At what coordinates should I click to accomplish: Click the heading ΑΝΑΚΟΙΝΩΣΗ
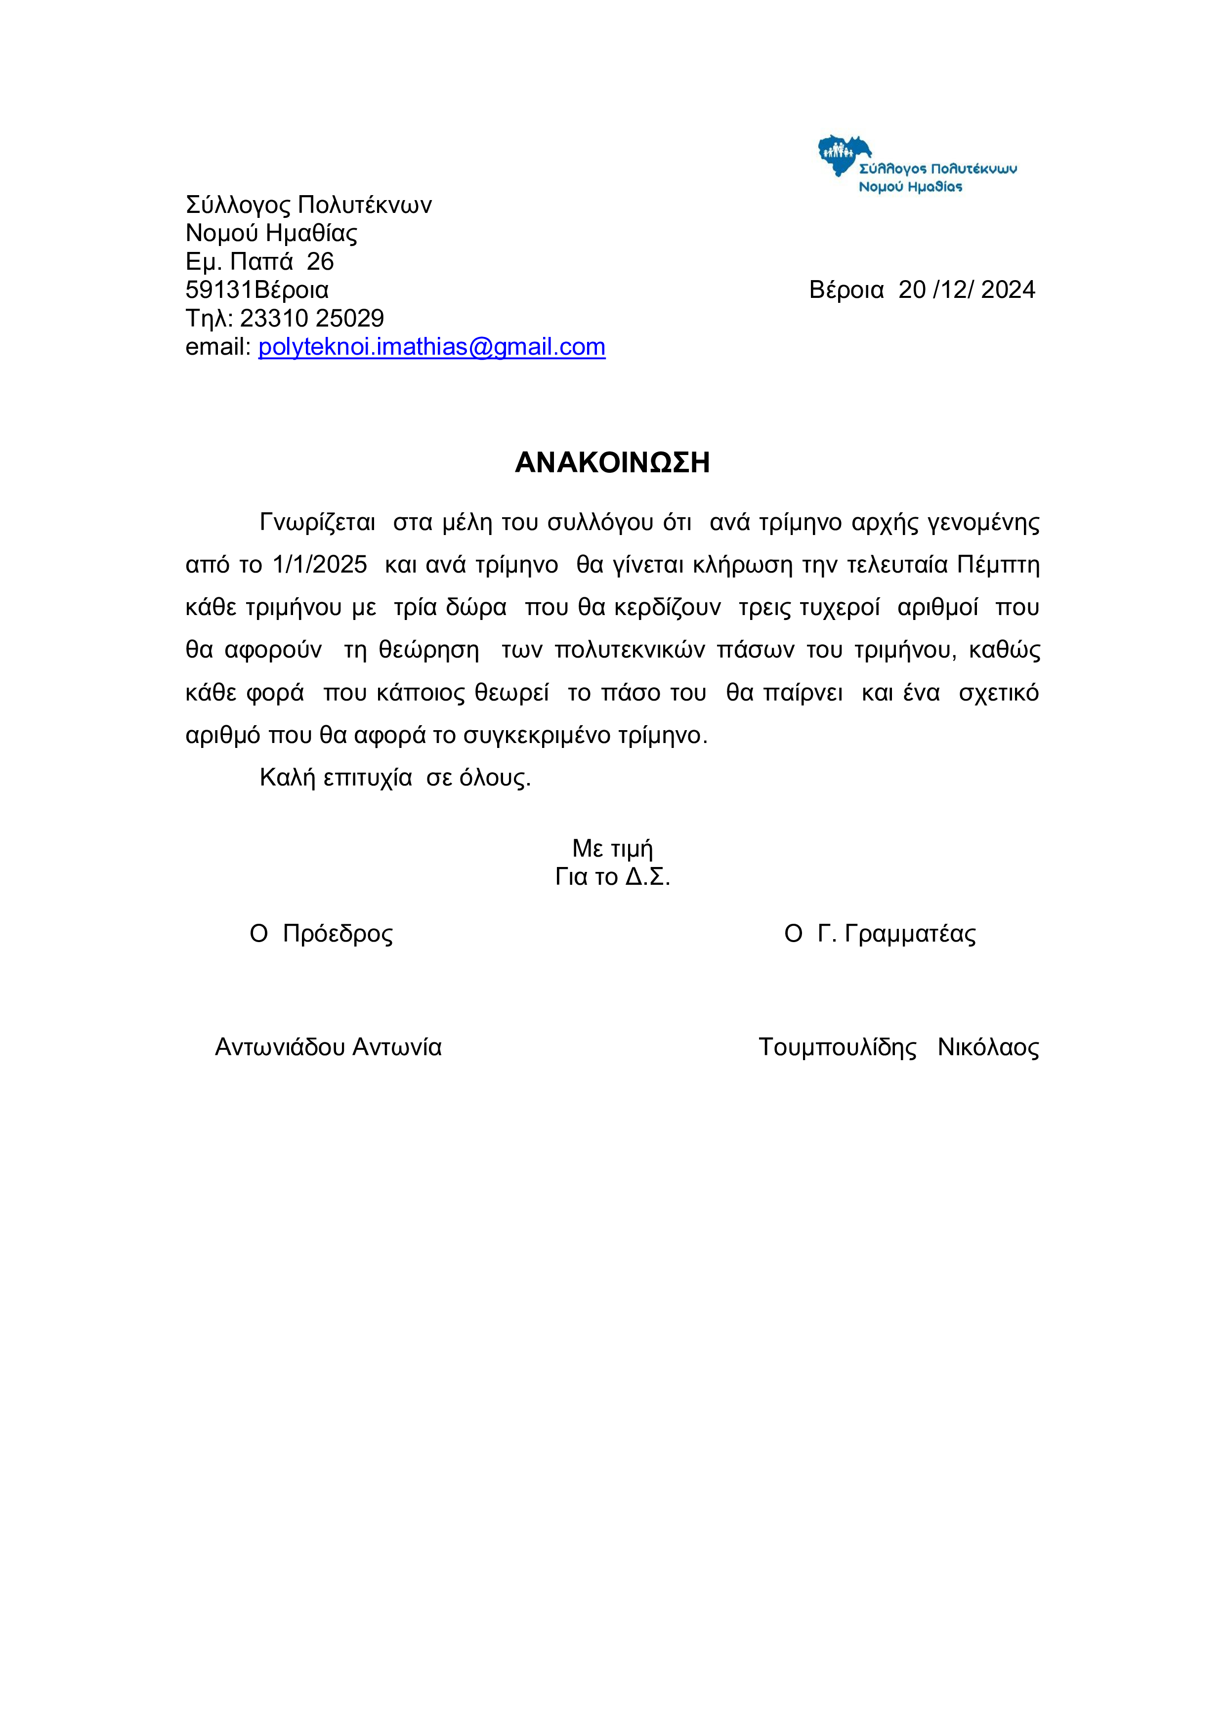click(x=612, y=463)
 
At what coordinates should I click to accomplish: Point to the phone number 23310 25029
click(x=312, y=319)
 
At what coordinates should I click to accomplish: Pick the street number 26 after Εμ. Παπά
click(x=320, y=262)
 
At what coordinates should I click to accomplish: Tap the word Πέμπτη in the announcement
click(x=998, y=565)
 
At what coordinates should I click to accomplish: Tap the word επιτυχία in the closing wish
click(x=368, y=778)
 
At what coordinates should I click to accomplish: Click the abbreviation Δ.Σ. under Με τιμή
click(x=648, y=877)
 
